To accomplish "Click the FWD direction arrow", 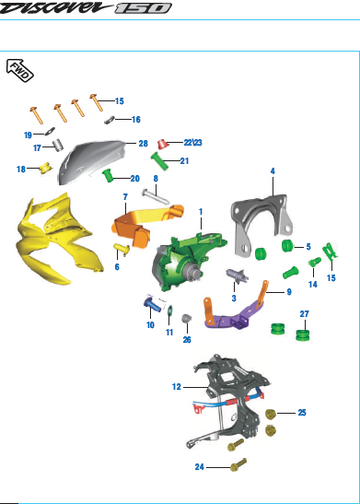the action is [x=20, y=70].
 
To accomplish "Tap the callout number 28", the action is [x=144, y=144].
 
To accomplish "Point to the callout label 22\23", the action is [x=192, y=143].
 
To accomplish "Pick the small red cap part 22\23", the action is [x=163, y=144].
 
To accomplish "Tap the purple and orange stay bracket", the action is [x=236, y=309].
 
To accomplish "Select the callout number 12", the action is [x=177, y=387].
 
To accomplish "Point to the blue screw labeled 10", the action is [x=153, y=304].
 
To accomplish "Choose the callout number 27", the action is [x=305, y=313].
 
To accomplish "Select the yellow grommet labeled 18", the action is [x=46, y=168].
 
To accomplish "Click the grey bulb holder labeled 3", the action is [x=237, y=276].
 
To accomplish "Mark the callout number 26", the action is [x=187, y=340].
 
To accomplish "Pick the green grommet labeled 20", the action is [x=108, y=176].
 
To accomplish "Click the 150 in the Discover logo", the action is [x=144, y=8].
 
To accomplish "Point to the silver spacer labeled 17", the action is [x=57, y=145].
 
